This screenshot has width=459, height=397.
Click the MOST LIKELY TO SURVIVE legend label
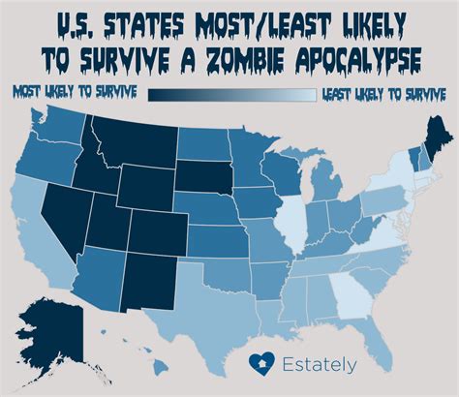tap(74, 93)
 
